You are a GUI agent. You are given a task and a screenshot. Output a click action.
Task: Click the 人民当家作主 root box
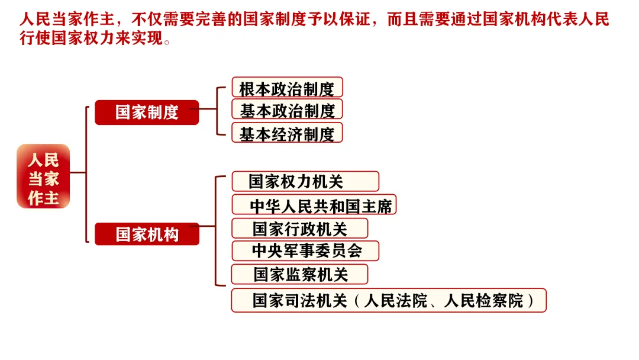[43, 176]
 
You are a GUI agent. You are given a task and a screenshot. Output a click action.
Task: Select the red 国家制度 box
[147, 112]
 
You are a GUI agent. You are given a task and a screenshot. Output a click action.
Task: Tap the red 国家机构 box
[147, 234]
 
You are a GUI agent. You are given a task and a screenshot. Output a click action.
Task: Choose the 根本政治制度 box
[287, 88]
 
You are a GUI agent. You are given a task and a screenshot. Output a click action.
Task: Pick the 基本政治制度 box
[287, 110]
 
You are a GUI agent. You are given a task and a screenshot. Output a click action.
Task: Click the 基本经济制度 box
[287, 134]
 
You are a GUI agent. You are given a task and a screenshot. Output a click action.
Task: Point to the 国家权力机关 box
[305, 181]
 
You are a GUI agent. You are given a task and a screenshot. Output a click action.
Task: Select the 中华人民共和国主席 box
[314, 205]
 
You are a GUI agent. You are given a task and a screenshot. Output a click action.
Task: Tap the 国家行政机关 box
[299, 229]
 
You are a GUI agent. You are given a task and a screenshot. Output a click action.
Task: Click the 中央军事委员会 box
[305, 251]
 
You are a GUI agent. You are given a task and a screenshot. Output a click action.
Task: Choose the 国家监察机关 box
[299, 274]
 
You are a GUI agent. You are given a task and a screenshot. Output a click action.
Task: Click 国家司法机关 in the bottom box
[299, 301]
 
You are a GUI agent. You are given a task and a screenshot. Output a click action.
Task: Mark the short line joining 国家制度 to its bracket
[208, 109]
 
